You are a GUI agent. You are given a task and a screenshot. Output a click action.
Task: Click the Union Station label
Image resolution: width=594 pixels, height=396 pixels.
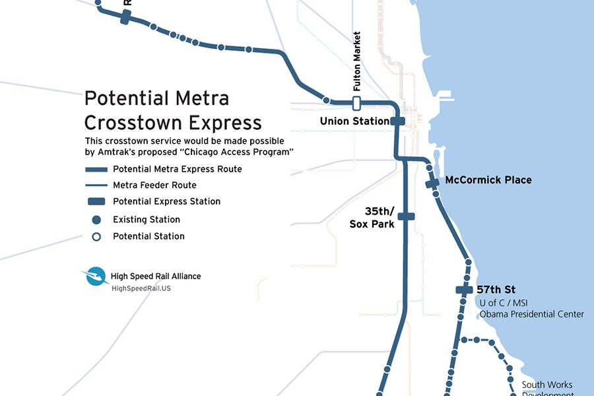tap(354, 121)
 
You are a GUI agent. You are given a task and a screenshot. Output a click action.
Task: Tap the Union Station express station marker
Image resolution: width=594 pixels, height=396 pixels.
tap(397, 121)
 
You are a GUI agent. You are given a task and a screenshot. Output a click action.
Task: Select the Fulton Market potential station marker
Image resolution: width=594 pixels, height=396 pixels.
tap(356, 103)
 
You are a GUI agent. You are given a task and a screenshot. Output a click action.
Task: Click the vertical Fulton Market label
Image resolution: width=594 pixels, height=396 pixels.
tap(357, 61)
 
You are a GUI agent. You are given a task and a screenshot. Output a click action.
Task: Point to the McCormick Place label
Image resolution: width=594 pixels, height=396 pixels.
tap(488, 180)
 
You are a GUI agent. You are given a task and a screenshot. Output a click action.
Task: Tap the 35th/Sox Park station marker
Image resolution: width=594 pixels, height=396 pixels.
tap(406, 216)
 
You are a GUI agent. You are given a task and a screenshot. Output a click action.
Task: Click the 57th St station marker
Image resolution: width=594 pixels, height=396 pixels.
tap(465, 290)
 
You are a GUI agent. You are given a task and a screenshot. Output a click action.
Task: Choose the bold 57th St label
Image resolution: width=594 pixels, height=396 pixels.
tap(496, 290)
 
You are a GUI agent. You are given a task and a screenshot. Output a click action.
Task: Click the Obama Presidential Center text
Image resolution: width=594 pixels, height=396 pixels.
tap(531, 314)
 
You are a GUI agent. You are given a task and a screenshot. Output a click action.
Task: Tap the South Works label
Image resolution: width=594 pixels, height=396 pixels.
tap(546, 385)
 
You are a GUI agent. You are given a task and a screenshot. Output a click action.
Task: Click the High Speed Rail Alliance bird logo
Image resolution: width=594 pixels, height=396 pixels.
tap(95, 277)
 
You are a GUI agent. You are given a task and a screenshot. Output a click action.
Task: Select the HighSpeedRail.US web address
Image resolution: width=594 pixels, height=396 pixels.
tap(141, 288)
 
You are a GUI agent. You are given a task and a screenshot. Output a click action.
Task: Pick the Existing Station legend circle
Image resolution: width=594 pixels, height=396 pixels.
tap(96, 220)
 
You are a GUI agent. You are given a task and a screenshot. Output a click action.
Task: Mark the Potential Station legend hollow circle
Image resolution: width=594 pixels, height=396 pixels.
tap(96, 236)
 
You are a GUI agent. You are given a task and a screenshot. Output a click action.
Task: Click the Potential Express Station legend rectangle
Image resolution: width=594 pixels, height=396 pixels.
tap(96, 201)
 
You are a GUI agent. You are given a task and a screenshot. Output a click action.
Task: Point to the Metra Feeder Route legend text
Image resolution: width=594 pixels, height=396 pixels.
tap(154, 185)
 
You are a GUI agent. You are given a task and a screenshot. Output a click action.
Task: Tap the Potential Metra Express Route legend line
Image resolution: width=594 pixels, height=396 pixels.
tap(96, 170)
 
